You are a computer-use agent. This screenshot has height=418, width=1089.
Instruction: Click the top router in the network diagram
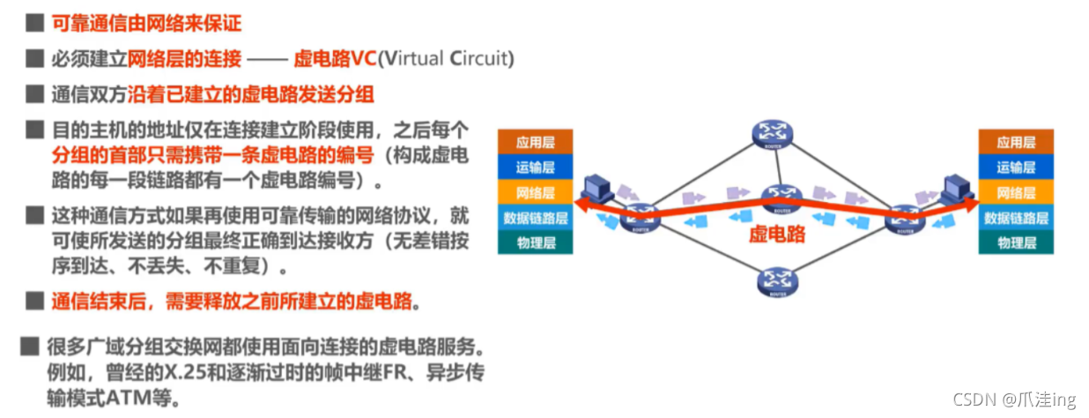[774, 133]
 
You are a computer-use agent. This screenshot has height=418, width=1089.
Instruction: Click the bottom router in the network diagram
[775, 281]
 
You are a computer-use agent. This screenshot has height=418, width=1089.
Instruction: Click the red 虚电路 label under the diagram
[777, 235]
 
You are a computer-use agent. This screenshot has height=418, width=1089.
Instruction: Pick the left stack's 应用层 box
[536, 142]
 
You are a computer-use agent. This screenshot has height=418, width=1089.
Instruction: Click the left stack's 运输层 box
[536, 167]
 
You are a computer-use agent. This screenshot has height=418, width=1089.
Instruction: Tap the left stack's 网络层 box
[536, 192]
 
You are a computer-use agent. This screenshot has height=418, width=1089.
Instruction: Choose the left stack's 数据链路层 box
[536, 217]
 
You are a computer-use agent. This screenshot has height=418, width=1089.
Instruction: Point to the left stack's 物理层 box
[536, 242]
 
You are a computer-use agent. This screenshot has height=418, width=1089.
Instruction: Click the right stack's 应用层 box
[1016, 142]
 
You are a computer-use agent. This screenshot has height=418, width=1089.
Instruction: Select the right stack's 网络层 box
[1016, 192]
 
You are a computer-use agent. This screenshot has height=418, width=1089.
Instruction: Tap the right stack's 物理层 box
[1016, 242]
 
